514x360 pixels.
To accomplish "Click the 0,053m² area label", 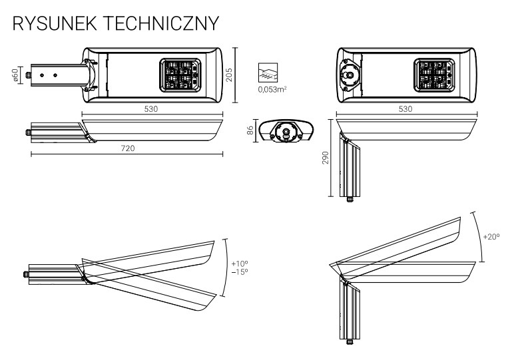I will click(x=270, y=88).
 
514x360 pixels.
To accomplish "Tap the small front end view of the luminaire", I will click(x=287, y=130).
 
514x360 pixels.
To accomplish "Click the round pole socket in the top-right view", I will click(x=349, y=76).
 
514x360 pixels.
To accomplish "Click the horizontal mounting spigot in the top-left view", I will click(x=53, y=76).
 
